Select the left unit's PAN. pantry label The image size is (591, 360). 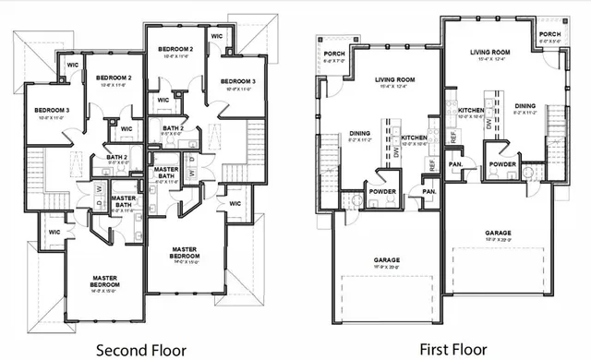429,191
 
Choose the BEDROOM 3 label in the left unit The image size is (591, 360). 40,110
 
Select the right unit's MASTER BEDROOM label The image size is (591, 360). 187,248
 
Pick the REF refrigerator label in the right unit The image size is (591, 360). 453,136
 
